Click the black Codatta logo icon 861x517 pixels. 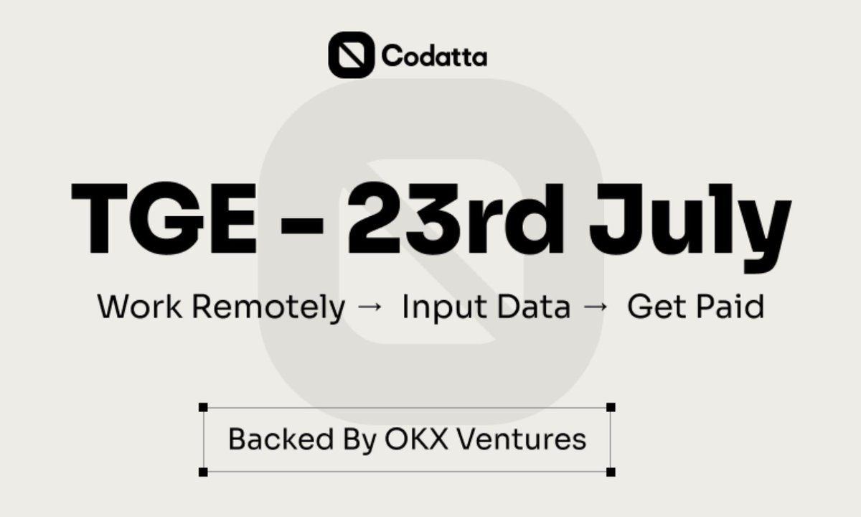pyautogui.click(x=351, y=55)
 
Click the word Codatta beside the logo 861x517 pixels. pyautogui.click(x=434, y=56)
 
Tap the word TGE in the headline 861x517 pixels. pyautogui.click(x=164, y=218)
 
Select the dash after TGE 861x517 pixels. pyautogui.click(x=302, y=229)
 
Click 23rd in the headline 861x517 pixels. pyautogui.click(x=456, y=218)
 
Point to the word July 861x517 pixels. pyautogui.click(x=690, y=227)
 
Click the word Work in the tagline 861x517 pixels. pyautogui.click(x=139, y=307)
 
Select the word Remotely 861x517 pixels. pyautogui.click(x=268, y=309)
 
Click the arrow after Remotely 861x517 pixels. pyautogui.click(x=370, y=307)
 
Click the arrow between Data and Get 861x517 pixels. pyautogui.click(x=596, y=307)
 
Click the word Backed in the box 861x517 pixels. pyautogui.click(x=281, y=439)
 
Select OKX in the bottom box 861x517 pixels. pyautogui.click(x=417, y=439)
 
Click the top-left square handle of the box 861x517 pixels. pyautogui.click(x=203, y=407)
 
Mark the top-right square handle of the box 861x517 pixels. pyautogui.click(x=611, y=407)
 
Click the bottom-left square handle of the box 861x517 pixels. pyautogui.click(x=203, y=472)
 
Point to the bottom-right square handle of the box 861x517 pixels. pyautogui.click(x=611, y=472)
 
